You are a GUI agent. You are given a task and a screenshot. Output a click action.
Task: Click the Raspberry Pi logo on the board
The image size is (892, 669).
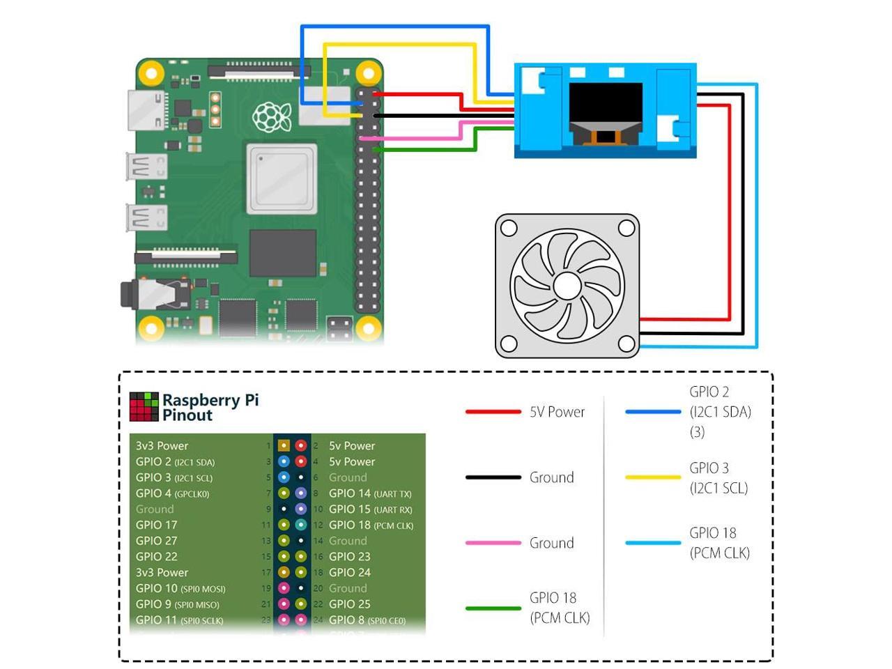coord(271,117)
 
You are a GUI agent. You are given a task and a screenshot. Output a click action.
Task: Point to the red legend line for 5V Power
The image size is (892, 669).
coord(493,412)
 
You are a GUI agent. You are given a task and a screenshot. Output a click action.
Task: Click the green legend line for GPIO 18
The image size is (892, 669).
coord(493,608)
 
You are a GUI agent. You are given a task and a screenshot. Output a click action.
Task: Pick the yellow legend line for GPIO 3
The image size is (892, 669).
coord(652,477)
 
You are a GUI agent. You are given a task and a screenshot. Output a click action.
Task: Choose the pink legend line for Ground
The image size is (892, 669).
coord(493,543)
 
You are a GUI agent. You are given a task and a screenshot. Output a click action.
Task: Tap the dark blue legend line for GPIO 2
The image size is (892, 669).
coord(652,412)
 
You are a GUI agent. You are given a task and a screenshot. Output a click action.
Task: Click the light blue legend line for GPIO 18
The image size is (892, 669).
coord(652,543)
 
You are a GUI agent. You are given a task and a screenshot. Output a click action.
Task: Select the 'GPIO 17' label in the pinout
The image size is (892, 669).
coord(157,525)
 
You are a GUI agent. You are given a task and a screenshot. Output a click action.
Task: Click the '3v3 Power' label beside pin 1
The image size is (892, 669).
coord(162,446)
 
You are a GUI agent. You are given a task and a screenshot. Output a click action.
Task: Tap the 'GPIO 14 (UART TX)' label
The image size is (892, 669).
coord(370,493)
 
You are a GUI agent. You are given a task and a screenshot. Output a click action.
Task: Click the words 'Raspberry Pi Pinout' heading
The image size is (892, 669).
coord(210,408)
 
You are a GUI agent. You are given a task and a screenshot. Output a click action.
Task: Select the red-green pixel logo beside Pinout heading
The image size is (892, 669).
coord(144,407)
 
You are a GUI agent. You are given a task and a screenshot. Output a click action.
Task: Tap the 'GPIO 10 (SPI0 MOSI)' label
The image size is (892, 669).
coord(180,589)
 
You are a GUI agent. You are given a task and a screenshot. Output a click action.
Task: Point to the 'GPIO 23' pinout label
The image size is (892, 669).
coord(349,557)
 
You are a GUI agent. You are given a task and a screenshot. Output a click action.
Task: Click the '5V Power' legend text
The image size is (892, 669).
coord(557,412)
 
